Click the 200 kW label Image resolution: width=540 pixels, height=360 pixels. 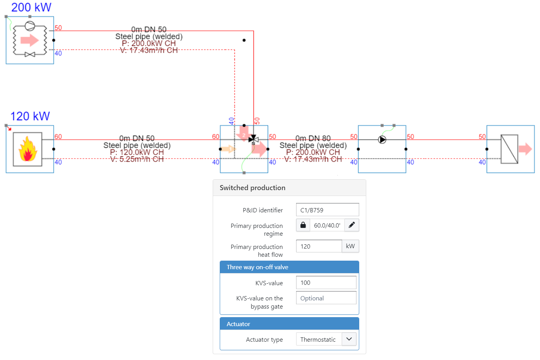[x=31, y=7]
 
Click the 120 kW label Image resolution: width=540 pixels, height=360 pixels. [x=30, y=116]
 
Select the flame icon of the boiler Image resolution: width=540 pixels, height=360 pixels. [x=28, y=149]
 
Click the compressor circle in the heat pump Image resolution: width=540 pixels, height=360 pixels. [x=30, y=26]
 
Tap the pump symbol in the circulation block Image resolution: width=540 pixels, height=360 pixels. [x=382, y=139]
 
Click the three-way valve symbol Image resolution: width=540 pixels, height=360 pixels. [x=253, y=139]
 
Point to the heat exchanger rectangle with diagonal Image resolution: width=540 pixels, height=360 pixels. [x=509, y=149]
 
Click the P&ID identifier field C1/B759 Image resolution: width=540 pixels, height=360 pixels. [x=327, y=210]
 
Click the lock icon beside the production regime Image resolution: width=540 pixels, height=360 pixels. [x=303, y=225]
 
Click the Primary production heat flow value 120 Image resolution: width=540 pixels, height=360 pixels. [x=319, y=246]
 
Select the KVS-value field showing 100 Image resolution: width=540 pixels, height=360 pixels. [x=326, y=283]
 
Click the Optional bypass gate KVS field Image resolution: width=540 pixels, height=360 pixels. [x=326, y=298]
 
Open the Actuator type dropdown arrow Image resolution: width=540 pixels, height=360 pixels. [x=349, y=339]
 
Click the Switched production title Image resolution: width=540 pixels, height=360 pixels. [x=252, y=188]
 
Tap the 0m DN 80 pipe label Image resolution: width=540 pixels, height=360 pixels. [x=313, y=138]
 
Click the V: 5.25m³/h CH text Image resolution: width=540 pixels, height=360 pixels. [x=137, y=159]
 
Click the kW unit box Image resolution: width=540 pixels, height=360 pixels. [x=350, y=246]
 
